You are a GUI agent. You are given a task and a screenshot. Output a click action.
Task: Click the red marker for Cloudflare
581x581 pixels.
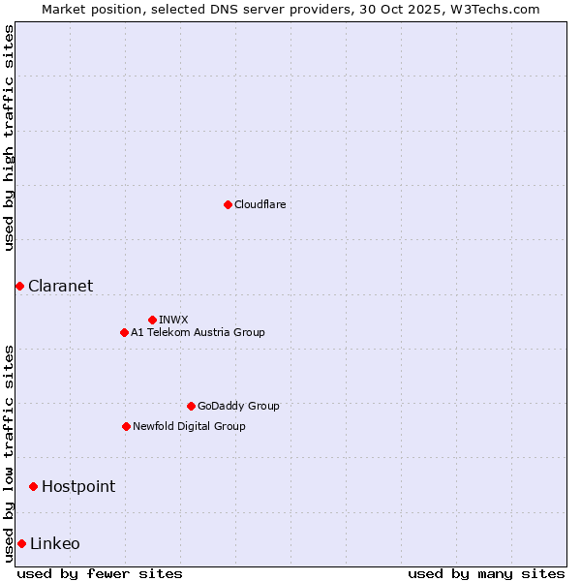228,204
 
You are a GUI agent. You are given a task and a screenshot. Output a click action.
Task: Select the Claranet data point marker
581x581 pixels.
19,286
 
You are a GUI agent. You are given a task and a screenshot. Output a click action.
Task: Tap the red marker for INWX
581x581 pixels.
152,320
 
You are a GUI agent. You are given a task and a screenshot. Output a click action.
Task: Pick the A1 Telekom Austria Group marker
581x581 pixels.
124,332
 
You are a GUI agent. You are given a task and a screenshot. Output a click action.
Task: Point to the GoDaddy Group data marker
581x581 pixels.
191,406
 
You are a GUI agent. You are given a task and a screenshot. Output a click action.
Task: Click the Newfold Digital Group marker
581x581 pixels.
126,426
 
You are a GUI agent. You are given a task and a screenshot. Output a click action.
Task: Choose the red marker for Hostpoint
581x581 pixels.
33,486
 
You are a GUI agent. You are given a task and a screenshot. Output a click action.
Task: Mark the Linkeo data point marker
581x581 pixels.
21,543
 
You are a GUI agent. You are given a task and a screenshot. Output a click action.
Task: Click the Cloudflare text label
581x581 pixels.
260,204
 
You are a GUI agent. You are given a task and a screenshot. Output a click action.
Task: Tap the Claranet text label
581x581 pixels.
61,286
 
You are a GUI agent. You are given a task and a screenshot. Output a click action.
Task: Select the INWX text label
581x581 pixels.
174,320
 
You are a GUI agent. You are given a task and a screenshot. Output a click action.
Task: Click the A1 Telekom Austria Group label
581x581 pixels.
198,332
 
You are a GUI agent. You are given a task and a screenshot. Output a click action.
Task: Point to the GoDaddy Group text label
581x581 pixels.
238,406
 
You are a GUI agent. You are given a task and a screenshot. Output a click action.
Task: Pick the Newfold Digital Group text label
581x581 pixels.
189,426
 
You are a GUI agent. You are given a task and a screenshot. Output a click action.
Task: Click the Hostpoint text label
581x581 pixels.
78,486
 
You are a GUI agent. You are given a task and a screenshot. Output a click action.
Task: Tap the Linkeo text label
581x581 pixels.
55,543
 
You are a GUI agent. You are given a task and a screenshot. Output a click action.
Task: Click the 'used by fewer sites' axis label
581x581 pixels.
100,573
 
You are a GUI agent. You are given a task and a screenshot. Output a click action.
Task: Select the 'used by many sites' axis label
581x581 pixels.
486,573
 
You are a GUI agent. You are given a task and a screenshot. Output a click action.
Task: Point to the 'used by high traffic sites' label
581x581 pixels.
9,138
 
